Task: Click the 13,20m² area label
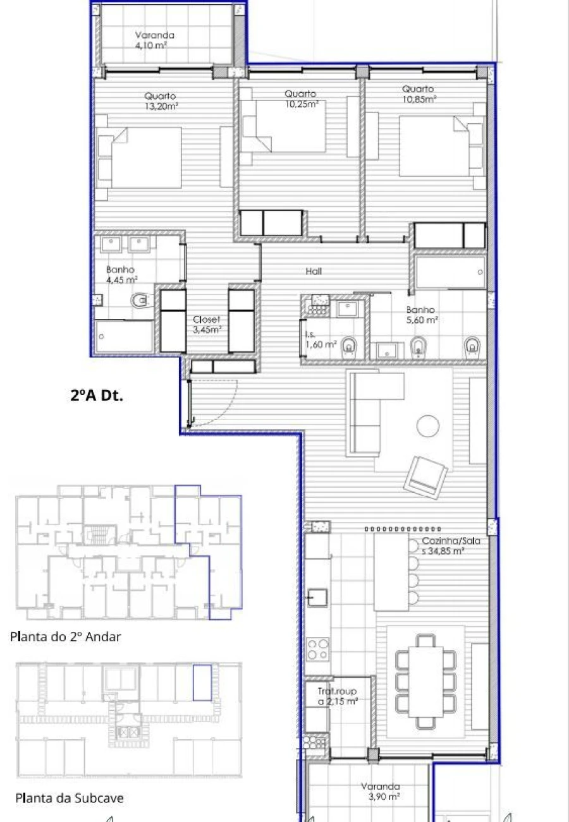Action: click(161, 106)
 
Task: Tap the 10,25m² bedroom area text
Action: click(300, 104)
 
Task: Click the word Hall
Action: click(314, 271)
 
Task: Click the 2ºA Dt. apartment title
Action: click(97, 396)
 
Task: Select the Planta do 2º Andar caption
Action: click(65, 637)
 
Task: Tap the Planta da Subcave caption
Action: click(69, 798)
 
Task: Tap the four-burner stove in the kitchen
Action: click(318, 648)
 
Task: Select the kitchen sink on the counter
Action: click(315, 596)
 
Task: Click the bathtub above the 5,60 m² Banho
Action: click(451, 272)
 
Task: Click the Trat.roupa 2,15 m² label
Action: click(338, 697)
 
